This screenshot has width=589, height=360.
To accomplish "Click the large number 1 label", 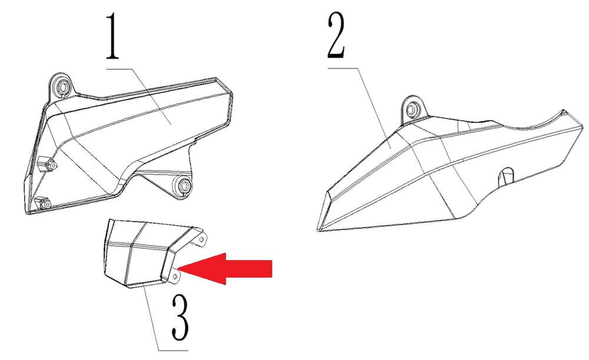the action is tap(112, 36).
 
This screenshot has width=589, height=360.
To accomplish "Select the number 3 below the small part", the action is tap(180, 317).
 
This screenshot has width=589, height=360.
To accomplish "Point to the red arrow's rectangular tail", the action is tap(249, 269).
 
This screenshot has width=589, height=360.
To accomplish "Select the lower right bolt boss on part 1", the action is tap(184, 185).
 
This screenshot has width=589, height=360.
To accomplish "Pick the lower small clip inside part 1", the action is tap(43, 203).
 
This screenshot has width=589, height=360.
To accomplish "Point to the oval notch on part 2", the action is tap(505, 176).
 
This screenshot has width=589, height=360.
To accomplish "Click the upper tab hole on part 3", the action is tap(201, 239).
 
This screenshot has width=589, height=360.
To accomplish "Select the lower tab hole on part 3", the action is tap(174, 276).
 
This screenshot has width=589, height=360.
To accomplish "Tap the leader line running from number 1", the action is tap(138, 97).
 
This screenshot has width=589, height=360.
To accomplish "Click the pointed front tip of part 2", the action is tap(319, 230).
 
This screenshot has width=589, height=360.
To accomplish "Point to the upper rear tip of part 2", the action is tap(563, 111).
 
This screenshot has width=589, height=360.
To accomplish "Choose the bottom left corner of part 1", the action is tap(28, 213).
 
